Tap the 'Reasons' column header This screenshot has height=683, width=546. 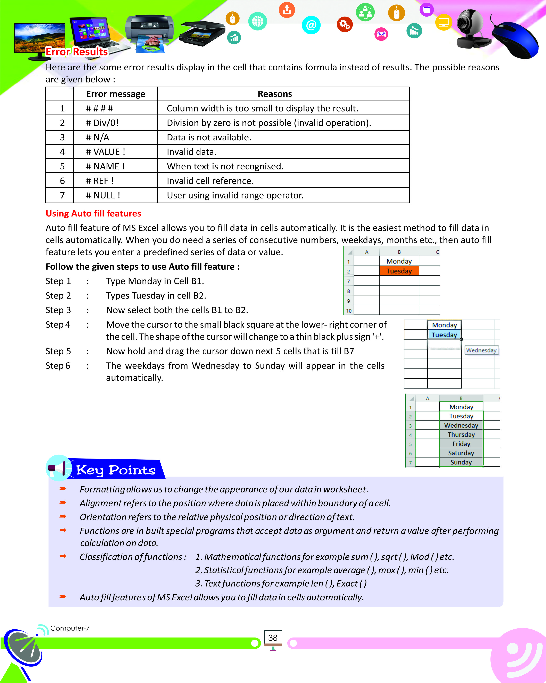[275, 94]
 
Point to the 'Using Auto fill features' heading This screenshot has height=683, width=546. [93, 214]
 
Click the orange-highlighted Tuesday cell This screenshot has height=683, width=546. [399, 271]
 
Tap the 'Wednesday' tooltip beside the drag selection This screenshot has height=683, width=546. [481, 350]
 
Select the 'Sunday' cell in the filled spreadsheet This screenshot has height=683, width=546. [461, 462]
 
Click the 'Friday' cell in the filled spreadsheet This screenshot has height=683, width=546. [461, 444]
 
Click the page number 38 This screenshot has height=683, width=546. [273, 638]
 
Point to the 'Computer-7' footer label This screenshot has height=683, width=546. [70, 628]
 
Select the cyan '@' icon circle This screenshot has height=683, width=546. [311, 25]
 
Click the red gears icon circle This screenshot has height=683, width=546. [345, 24]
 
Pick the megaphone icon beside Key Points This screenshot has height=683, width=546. [59, 468]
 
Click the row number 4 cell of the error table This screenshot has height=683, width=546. [62, 152]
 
